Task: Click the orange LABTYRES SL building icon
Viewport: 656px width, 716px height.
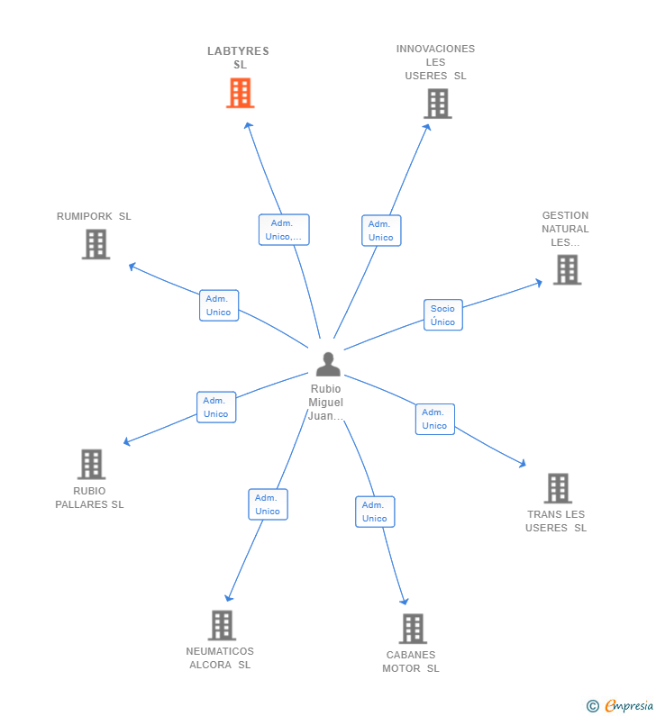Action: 240,93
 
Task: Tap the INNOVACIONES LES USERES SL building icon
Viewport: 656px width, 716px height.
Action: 437,104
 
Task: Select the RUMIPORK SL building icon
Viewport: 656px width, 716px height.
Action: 96,244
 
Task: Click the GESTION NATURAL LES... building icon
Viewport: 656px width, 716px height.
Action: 567,269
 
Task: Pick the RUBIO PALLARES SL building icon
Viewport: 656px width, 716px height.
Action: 91,464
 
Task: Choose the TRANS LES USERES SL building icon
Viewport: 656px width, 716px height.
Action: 558,488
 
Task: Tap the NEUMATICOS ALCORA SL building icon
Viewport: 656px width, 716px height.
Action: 222,624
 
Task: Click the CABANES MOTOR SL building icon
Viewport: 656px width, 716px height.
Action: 412,628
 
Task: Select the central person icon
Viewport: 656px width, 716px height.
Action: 328,364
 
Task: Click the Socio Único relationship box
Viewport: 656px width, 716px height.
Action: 442,315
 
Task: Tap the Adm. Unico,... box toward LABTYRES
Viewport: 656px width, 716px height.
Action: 284,230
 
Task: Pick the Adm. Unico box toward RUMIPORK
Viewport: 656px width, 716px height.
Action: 219,305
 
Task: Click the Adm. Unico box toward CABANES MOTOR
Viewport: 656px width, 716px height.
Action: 375,512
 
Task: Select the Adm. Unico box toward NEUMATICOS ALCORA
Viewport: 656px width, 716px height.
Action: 268,504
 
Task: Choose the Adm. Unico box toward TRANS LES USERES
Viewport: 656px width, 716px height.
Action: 434,419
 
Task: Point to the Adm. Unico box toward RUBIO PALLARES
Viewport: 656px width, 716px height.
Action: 216,407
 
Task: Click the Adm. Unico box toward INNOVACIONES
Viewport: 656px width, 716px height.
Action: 381,231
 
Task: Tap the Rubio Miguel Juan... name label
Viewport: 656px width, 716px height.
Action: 326,402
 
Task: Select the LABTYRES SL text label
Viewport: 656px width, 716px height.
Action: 239,58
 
